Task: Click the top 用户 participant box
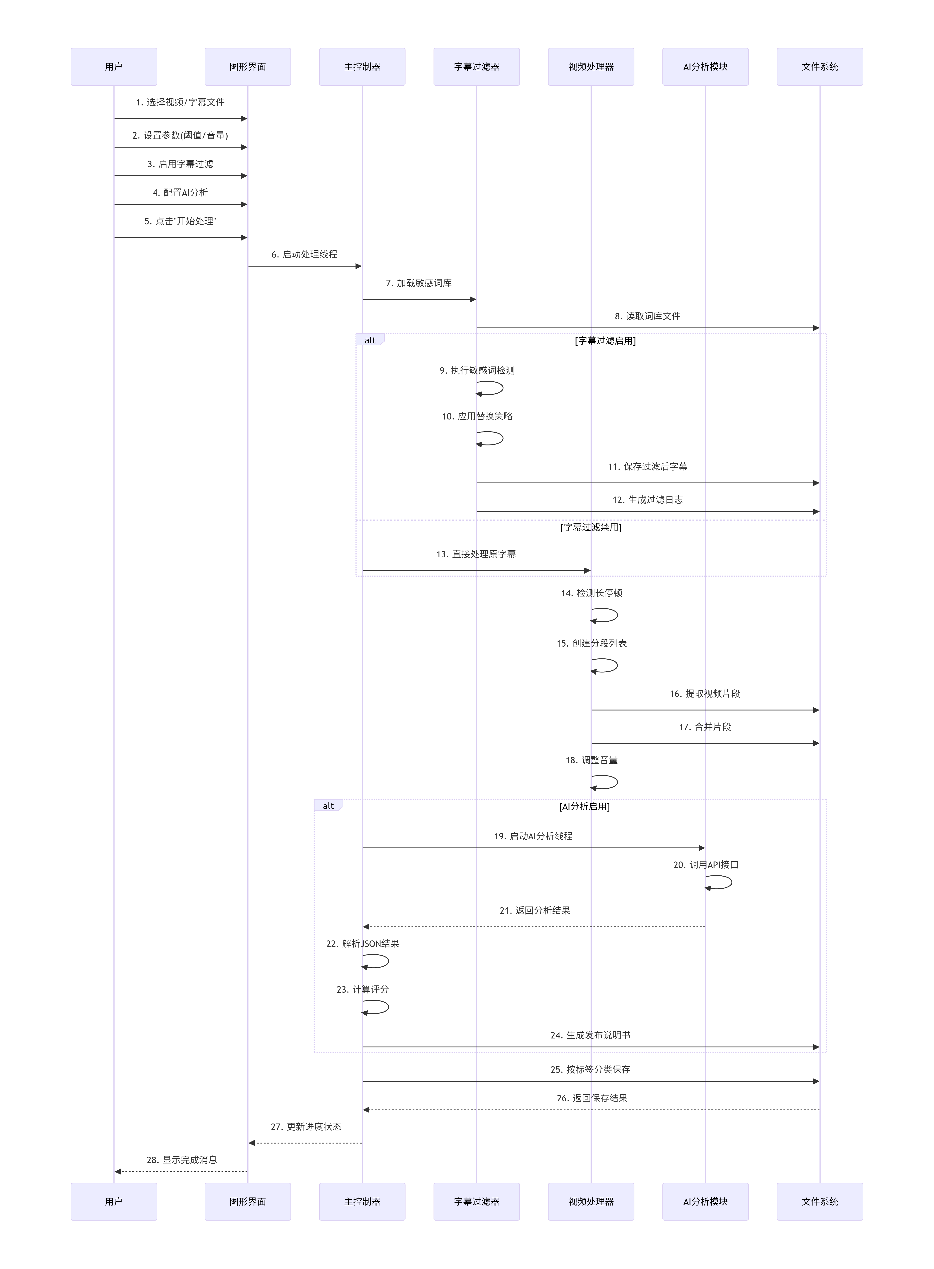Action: click(114, 67)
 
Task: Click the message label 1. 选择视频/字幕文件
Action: click(180, 102)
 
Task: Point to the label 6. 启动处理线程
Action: click(304, 254)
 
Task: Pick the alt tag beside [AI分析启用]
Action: click(328, 806)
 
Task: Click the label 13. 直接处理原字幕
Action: click(476, 554)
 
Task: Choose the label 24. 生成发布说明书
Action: click(590, 1035)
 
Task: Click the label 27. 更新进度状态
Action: click(306, 1127)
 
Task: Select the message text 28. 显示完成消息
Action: click(182, 1160)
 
